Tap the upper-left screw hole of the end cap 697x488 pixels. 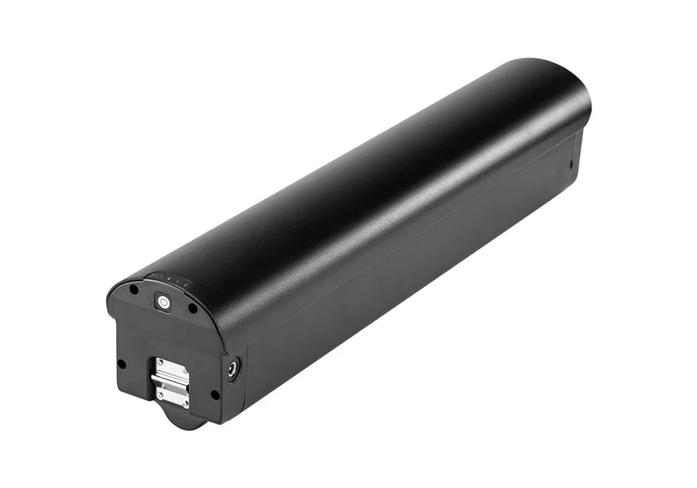click(x=134, y=289)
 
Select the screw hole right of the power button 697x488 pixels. click(x=193, y=308)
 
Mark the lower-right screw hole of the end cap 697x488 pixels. click(x=215, y=394)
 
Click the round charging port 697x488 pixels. click(x=232, y=369)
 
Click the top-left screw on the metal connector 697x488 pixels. click(x=160, y=362)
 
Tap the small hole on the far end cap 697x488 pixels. click(x=571, y=163)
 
